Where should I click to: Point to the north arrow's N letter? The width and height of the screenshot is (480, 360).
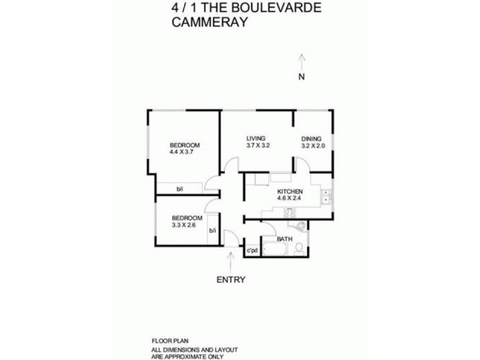[x=302, y=76]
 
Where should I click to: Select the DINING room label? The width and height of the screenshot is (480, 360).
[x=311, y=138]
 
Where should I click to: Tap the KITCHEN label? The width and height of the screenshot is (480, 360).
[x=289, y=192]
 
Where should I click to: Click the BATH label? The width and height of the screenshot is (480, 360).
[x=284, y=239]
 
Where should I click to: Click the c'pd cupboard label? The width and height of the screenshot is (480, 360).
[x=252, y=250]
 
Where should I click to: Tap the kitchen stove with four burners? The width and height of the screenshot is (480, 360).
[x=289, y=212]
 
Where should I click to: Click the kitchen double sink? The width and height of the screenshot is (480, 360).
[x=326, y=197]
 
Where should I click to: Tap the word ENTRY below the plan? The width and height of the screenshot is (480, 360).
[x=231, y=279]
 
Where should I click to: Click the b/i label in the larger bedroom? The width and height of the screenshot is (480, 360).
[x=179, y=190]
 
